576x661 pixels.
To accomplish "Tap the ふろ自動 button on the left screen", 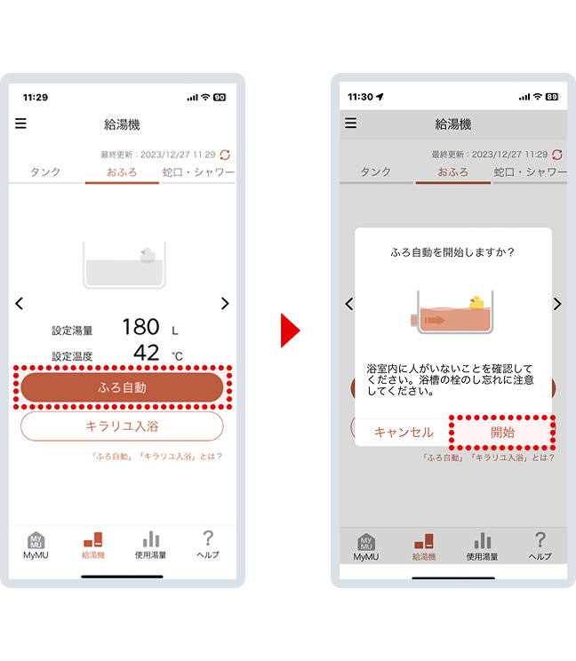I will coord(122,387).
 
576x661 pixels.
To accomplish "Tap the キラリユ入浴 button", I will coord(122,426).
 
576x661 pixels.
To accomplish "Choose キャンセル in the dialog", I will coord(403,433).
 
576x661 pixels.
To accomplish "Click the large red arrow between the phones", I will coord(290,330).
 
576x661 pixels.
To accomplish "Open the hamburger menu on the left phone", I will coord(20,123).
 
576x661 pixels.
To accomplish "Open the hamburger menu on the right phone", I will coord(350,123).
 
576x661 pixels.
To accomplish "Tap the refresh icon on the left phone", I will coord(225,155).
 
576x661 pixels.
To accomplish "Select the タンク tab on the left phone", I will coord(46,171).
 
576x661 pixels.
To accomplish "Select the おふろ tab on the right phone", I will coord(452,171).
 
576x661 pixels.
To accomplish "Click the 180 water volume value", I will coord(140,327).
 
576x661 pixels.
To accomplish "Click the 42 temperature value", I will coord(146,354).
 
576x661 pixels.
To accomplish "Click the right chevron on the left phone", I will coord(225,304).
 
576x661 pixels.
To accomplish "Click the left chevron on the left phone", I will coord(20,304).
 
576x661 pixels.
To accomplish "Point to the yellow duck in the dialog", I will coord(476,303).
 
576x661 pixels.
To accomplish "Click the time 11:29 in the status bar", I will coord(36,97).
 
